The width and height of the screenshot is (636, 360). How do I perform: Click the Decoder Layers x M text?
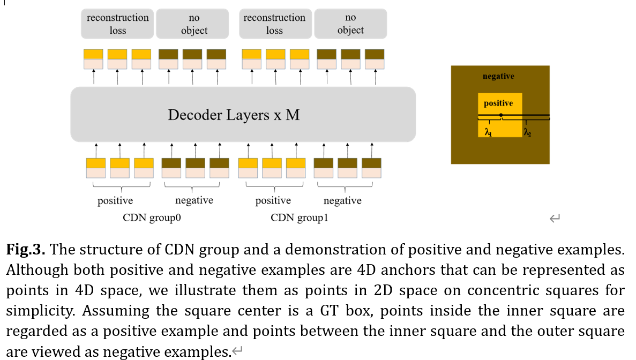click(x=234, y=115)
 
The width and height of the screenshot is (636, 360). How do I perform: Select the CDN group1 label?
click(x=298, y=218)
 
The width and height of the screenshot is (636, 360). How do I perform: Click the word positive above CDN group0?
click(x=115, y=201)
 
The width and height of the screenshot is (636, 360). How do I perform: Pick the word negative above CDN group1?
click(x=342, y=201)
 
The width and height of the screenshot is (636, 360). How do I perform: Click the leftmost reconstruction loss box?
click(x=118, y=24)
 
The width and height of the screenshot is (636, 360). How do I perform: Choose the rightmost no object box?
click(x=350, y=24)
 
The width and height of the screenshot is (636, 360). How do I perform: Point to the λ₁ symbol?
click(x=488, y=132)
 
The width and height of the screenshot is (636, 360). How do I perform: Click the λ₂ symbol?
click(x=528, y=132)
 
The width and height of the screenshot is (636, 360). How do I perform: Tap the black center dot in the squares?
click(x=500, y=115)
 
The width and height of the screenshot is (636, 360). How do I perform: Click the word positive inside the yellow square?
click(x=498, y=103)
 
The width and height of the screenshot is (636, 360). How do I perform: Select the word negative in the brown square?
click(x=498, y=76)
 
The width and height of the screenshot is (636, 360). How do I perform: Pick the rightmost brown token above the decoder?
click(x=375, y=54)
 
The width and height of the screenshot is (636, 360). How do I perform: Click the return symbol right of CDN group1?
click(x=555, y=218)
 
